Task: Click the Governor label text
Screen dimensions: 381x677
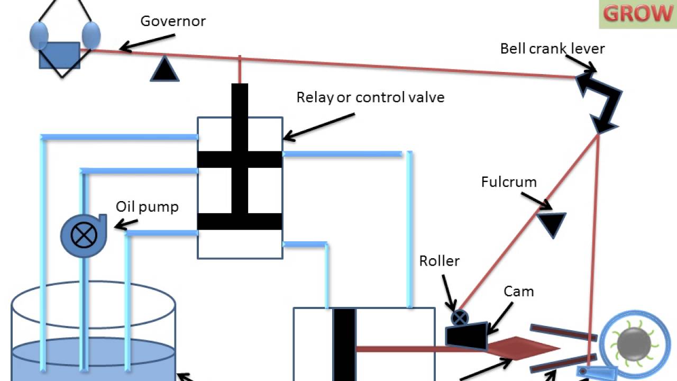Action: (x=173, y=22)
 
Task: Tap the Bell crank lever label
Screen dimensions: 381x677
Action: (x=552, y=49)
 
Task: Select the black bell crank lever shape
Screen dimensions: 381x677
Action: (x=600, y=101)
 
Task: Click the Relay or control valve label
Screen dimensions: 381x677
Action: (x=370, y=97)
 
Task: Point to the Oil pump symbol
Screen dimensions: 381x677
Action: (x=84, y=235)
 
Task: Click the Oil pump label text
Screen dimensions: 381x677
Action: (x=148, y=206)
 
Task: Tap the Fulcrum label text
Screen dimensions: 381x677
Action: (x=509, y=183)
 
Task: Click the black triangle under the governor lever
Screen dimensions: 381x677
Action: (x=164, y=70)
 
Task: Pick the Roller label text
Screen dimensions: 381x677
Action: (x=440, y=261)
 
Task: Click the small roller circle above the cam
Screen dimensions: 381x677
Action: (x=460, y=318)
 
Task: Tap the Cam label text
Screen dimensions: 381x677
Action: (x=518, y=292)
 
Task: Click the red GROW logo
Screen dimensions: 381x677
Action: (x=637, y=14)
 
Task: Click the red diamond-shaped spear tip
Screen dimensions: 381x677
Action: (x=524, y=348)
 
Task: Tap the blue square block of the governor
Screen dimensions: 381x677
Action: (x=59, y=55)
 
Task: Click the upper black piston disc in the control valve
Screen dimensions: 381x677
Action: (x=240, y=159)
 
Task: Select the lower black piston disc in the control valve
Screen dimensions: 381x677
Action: (x=240, y=221)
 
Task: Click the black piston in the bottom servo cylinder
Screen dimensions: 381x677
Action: (x=344, y=344)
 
